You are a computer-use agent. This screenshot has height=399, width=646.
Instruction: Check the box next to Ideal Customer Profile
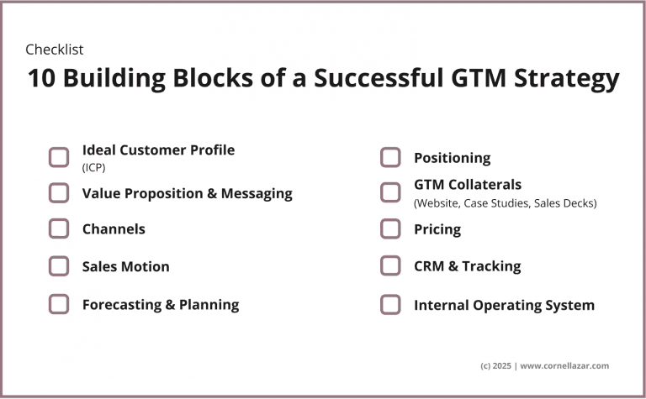[x=59, y=157]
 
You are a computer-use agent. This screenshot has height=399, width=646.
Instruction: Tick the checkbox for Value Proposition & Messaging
[x=59, y=193]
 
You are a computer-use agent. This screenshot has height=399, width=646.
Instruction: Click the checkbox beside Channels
[x=59, y=228]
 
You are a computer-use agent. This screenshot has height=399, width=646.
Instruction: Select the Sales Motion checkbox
[x=59, y=266]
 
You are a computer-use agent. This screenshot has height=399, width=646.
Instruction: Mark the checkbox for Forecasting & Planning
[x=59, y=304]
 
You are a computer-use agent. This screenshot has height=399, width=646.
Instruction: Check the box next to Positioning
[x=390, y=157]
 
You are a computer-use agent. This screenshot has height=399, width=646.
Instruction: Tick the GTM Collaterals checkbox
[x=390, y=192]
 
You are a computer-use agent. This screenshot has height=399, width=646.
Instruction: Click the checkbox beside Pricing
[x=390, y=228]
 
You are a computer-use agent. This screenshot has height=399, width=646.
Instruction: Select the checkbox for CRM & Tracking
[x=390, y=265]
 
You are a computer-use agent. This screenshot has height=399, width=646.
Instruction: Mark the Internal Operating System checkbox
[x=390, y=304]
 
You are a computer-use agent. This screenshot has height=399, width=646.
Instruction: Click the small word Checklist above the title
[x=55, y=50]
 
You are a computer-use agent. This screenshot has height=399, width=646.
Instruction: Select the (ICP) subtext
[x=93, y=167]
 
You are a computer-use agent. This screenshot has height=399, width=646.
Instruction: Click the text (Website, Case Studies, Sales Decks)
[x=505, y=202]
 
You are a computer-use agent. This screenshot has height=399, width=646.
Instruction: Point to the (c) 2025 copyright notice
[x=496, y=365]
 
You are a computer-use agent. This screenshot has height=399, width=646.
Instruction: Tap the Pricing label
[x=437, y=229]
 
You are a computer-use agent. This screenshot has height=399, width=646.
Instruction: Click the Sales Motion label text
[x=125, y=266]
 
